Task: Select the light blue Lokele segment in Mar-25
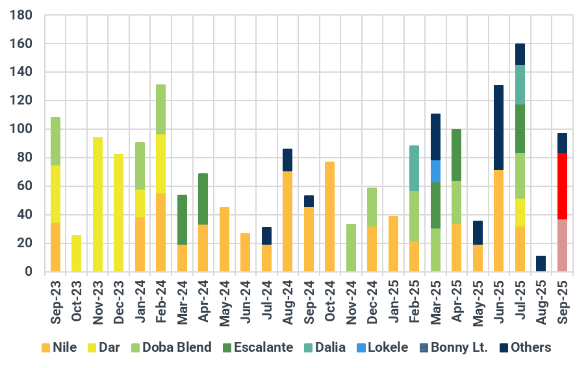point(436,171)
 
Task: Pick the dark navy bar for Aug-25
point(541,264)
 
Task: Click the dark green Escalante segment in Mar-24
point(183,219)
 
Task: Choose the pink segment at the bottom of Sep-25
point(562,245)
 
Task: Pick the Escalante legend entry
point(261,347)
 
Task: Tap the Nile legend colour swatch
point(45,348)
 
